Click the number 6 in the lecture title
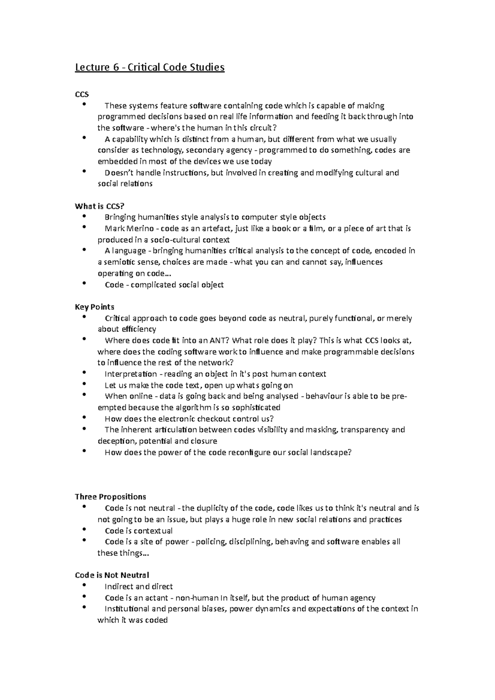[110, 67]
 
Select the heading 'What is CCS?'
[99, 206]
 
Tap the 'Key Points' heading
[94, 307]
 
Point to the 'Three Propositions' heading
[110, 496]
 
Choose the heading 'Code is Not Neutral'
[112, 575]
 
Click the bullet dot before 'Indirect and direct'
[85, 585]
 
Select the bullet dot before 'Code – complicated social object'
[85, 283]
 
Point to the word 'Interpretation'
[130, 374]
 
